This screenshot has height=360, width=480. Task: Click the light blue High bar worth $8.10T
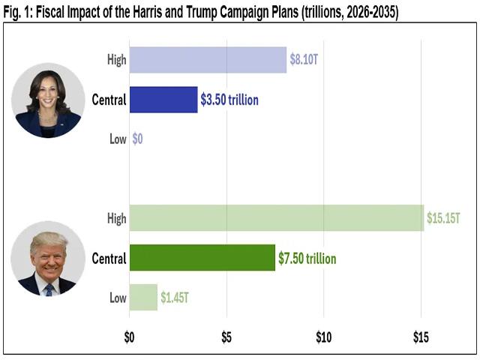pos(208,60)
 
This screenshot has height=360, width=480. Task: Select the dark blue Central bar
pos(163,99)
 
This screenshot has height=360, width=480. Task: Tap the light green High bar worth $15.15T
pos(276,217)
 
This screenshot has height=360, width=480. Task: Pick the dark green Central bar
pos(202,258)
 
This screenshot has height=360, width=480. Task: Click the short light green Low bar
pos(143,297)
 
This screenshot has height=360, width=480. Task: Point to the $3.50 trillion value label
pos(229,99)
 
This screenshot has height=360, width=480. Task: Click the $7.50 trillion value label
pos(307,258)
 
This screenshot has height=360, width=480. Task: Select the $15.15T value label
pos(443,218)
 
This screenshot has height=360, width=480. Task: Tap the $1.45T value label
pos(175,298)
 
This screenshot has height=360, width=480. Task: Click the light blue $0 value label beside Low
pos(138,139)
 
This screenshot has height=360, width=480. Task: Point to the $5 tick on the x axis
pos(226,337)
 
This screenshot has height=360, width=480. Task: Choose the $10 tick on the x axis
pos(323,337)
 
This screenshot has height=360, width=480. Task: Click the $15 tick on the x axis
pos(421,337)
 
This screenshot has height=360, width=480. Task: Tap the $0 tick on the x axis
pos(129,337)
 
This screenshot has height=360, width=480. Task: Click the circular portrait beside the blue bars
pos(48,100)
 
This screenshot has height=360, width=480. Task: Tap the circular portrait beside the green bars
pos(48,262)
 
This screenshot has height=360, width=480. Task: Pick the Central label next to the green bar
pos(108,258)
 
